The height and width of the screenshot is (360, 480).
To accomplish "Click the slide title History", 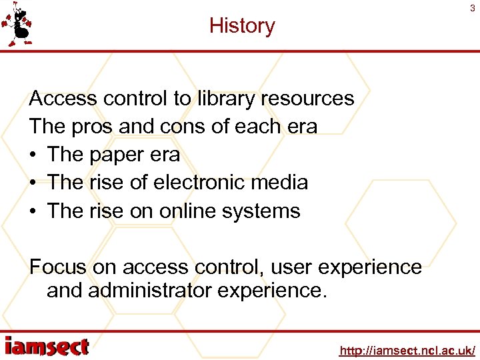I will [241, 26].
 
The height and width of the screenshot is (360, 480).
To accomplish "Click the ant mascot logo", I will [18, 24].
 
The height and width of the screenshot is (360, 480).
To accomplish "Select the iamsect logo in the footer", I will [47, 347].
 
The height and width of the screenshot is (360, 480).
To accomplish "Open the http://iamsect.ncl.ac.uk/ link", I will [407, 350].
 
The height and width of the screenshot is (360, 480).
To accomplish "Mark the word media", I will [283, 183].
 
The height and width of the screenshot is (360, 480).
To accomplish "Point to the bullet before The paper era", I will [33, 155].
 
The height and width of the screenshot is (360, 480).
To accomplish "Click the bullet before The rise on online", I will [33, 211].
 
